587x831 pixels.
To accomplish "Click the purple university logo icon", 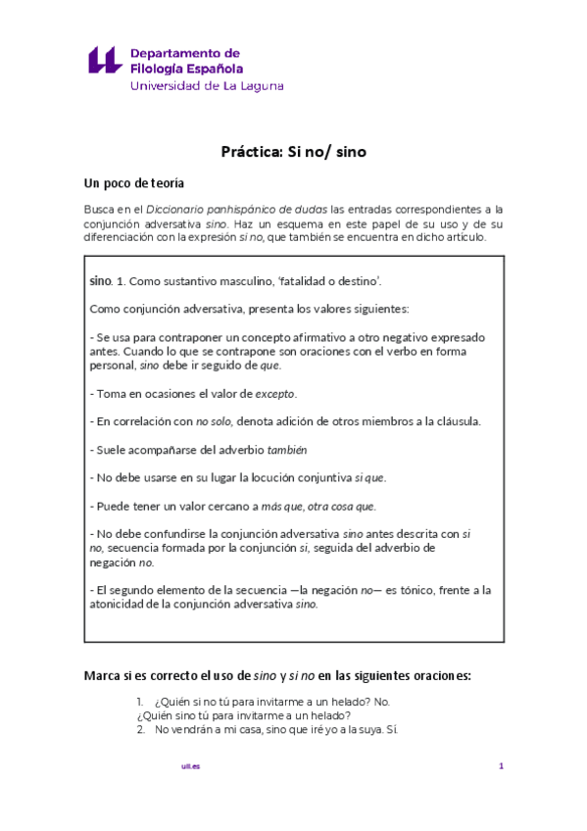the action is click(x=105, y=60).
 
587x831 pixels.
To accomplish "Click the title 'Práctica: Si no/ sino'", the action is click(x=293, y=152).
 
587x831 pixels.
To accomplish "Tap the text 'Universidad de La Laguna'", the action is click(x=207, y=86).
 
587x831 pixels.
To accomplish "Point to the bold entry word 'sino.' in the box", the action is click(x=101, y=281).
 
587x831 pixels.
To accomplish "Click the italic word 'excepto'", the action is click(x=274, y=394).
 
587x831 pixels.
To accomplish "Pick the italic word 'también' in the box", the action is click(x=287, y=450).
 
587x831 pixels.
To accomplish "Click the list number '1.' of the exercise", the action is click(x=141, y=702).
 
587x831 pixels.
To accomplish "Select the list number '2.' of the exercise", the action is click(x=141, y=729).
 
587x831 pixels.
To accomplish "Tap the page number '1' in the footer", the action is click(x=501, y=766).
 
